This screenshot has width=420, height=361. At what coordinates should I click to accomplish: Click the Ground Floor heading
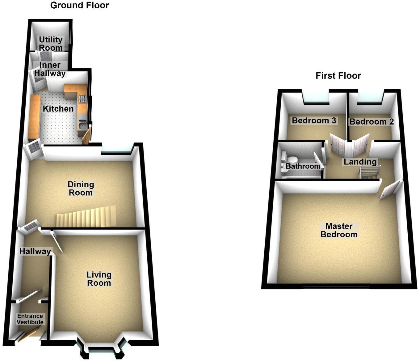(79, 5)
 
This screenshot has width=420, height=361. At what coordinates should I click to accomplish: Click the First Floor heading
(338, 76)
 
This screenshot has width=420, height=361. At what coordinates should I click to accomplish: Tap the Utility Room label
(51, 44)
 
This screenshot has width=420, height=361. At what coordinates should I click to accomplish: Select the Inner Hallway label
(50, 69)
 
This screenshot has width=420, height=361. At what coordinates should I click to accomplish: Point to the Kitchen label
(58, 108)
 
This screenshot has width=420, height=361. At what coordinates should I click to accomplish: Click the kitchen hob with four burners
(83, 99)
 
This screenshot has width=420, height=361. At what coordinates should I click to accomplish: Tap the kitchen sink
(82, 125)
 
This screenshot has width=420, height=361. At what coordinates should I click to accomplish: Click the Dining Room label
(81, 189)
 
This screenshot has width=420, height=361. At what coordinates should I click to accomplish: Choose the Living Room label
(99, 278)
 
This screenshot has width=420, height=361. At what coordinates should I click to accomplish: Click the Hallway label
(35, 251)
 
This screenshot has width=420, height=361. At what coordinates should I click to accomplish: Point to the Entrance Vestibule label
(30, 319)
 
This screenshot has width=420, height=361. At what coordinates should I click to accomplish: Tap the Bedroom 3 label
(314, 120)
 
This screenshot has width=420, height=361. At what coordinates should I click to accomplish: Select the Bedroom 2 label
(372, 122)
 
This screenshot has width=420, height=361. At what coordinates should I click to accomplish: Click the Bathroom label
(303, 166)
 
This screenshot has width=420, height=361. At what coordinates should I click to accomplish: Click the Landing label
(360, 162)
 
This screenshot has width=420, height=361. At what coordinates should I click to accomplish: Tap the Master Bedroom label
(339, 230)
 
